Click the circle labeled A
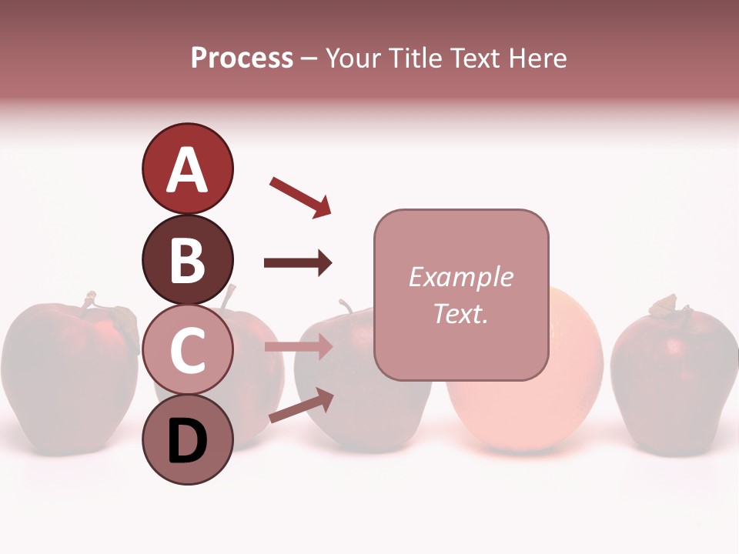187,169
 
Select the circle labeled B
187,259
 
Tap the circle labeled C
187,350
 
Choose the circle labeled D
187,440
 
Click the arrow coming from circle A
300,196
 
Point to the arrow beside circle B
298,263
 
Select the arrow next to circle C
298,347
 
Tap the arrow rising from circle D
301,405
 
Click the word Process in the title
242,58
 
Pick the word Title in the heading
416,58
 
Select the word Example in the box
460,277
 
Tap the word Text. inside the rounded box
460,313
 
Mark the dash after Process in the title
309,58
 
